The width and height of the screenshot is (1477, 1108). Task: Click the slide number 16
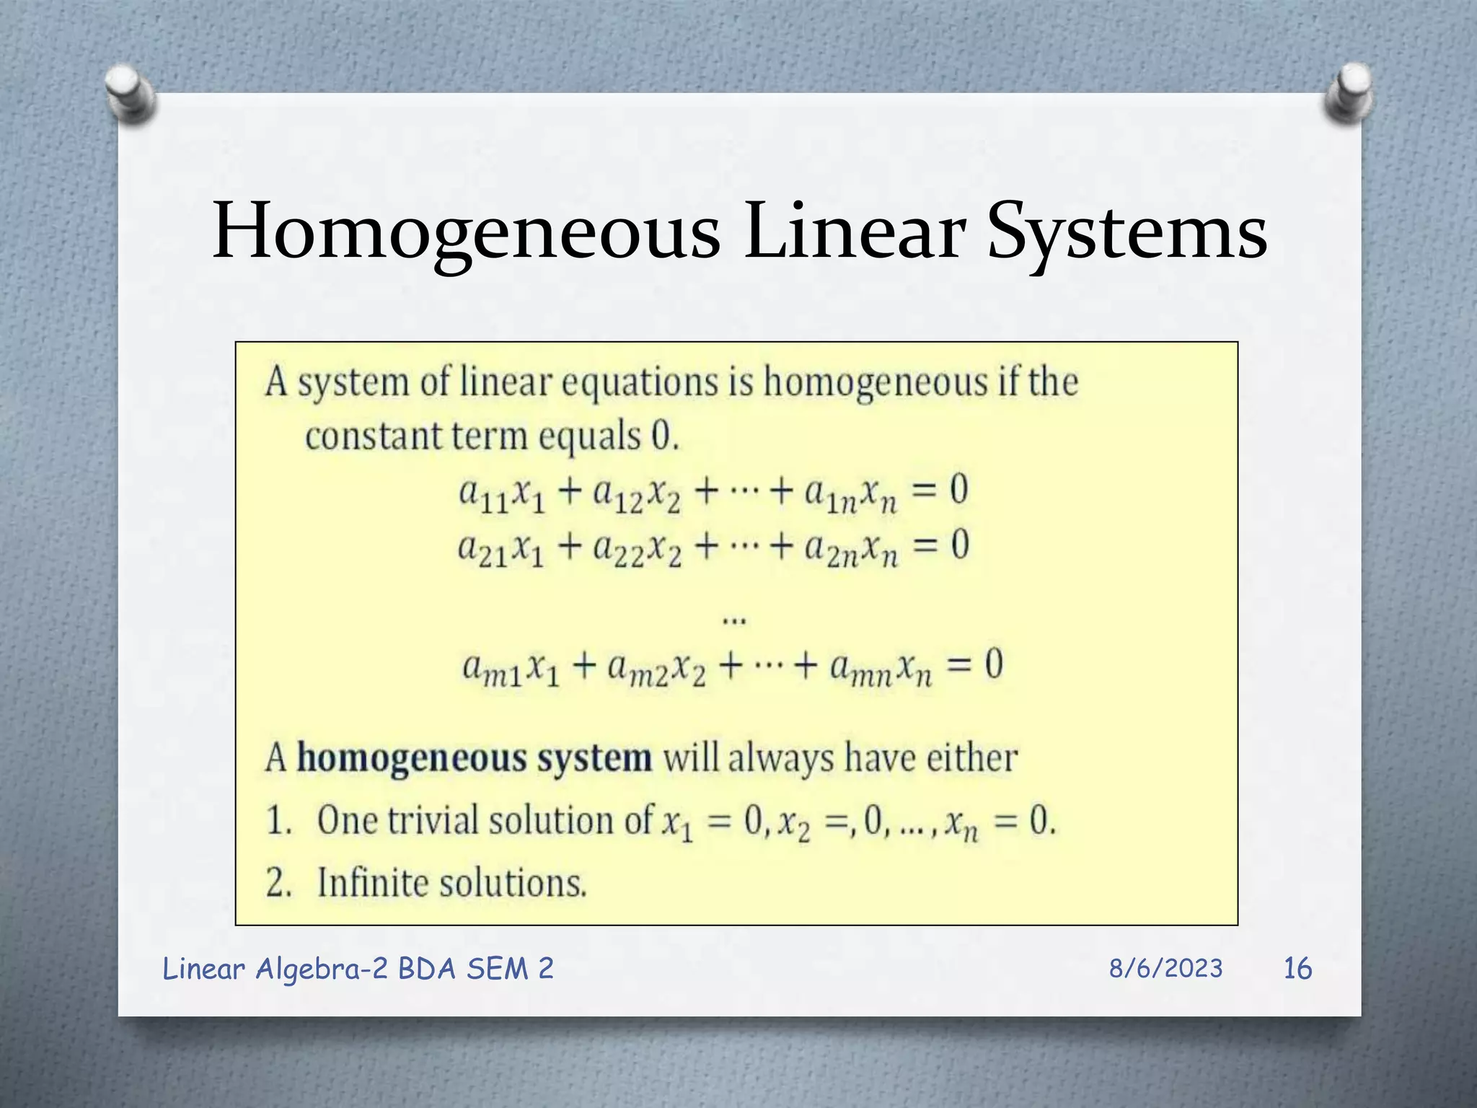tap(1297, 968)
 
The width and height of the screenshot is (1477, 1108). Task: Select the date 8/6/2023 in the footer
tap(1165, 968)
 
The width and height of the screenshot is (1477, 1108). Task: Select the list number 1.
tap(278, 821)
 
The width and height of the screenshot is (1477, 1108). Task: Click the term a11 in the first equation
tap(482, 495)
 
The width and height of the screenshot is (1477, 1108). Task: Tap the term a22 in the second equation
tap(618, 551)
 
